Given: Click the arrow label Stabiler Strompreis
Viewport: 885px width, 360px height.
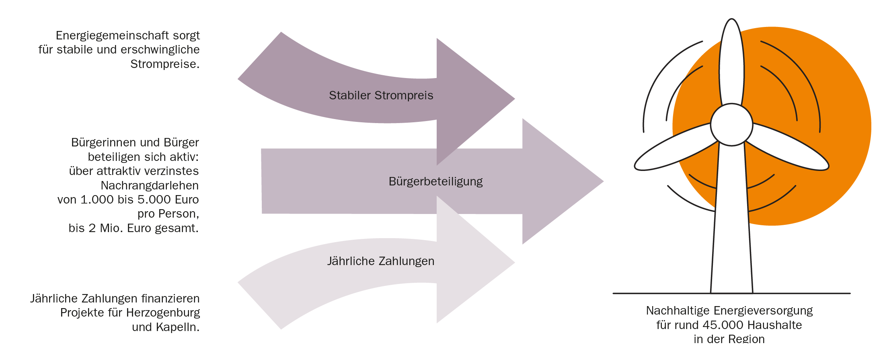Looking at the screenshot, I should point(381,95).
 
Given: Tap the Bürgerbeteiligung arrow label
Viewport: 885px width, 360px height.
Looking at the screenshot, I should point(435,181).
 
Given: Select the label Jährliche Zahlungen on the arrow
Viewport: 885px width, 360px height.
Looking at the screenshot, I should point(380,261).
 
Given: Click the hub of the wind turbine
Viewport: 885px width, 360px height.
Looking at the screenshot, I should point(731,125).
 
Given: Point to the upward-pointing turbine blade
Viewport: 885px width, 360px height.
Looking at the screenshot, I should point(731,60).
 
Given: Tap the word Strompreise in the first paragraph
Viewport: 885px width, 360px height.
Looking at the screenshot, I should point(164,64).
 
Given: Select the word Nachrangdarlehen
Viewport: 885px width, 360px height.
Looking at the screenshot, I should point(150,185).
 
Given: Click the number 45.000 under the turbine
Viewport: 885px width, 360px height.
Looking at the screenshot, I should point(722,325).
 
